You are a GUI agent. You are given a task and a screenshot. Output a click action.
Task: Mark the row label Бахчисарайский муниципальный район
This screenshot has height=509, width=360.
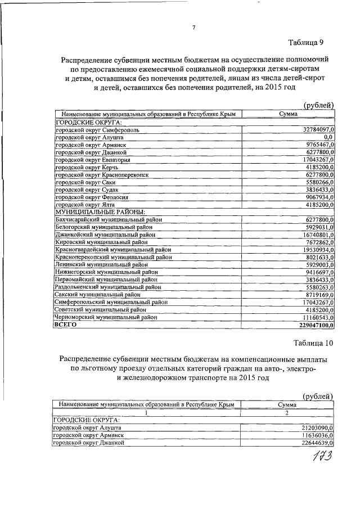(101, 219)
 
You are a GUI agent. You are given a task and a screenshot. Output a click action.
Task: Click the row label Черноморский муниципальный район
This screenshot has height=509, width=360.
(99, 317)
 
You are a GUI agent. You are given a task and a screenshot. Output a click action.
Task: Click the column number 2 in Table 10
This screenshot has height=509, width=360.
(287, 412)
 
